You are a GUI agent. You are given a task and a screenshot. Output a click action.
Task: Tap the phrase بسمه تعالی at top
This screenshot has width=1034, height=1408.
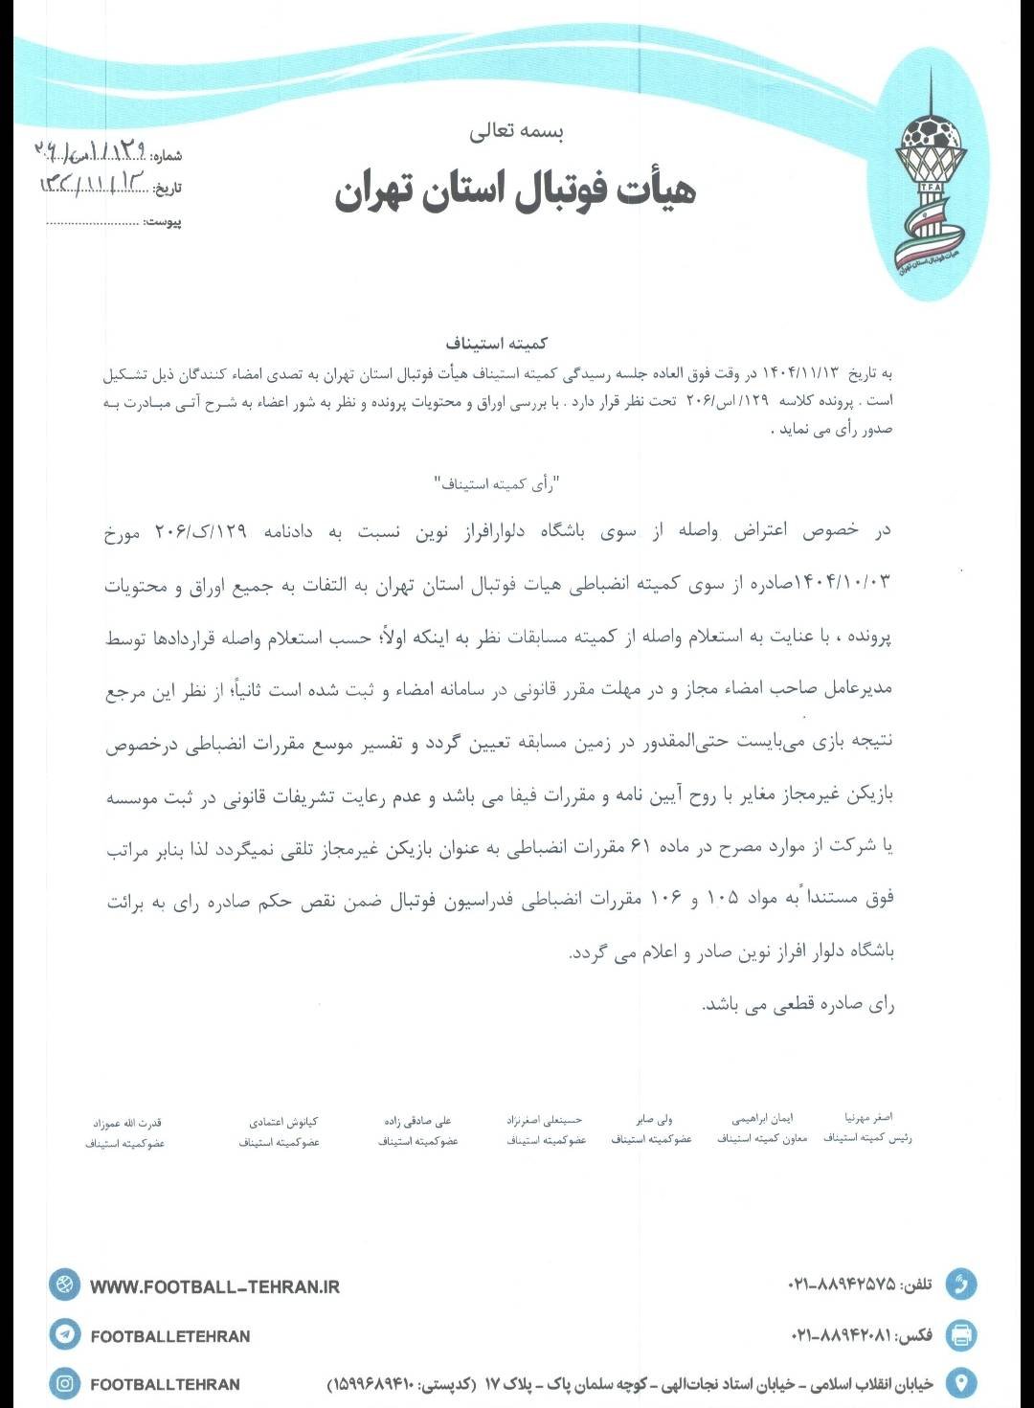pyautogui.click(x=516, y=132)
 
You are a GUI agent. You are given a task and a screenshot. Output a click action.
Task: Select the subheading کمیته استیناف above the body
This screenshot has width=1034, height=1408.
pyautogui.click(x=496, y=343)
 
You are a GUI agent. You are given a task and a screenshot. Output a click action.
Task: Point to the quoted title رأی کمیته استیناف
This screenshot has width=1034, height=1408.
pyautogui.click(x=496, y=484)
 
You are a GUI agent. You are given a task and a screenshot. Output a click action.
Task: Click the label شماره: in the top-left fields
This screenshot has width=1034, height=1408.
pyautogui.click(x=166, y=156)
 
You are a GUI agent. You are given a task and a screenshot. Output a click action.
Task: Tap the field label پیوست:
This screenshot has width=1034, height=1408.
pyautogui.click(x=163, y=222)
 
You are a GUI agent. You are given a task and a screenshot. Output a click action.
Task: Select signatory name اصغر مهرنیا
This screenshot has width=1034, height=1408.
pyautogui.click(x=868, y=1117)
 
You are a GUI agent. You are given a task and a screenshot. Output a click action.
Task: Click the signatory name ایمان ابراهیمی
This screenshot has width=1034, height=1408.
pyautogui.click(x=762, y=1118)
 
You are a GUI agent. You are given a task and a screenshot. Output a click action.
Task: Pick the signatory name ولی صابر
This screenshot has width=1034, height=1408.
pyautogui.click(x=654, y=1118)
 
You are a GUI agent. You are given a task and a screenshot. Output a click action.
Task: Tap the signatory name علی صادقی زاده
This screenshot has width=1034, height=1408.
pyautogui.click(x=417, y=1120)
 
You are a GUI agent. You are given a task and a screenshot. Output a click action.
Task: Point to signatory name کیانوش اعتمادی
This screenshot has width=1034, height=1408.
pyautogui.click(x=283, y=1121)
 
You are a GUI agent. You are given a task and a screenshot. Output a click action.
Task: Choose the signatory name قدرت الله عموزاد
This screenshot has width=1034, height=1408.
pyautogui.click(x=127, y=1123)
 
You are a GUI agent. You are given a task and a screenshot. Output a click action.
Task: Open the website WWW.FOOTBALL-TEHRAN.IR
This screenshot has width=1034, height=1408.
pyautogui.click(x=214, y=1287)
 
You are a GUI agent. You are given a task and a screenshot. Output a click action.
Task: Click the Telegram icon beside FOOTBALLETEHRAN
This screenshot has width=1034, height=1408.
pyautogui.click(x=65, y=1333)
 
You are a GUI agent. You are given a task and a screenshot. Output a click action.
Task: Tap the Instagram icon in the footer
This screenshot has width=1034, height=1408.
pyautogui.click(x=65, y=1383)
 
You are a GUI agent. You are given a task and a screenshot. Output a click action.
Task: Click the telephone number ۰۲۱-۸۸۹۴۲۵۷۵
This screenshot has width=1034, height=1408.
pyautogui.click(x=842, y=1285)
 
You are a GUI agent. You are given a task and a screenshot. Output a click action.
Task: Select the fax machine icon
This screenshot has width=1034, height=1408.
pyautogui.click(x=961, y=1333)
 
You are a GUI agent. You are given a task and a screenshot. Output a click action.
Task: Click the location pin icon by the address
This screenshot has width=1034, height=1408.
pyautogui.click(x=961, y=1382)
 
